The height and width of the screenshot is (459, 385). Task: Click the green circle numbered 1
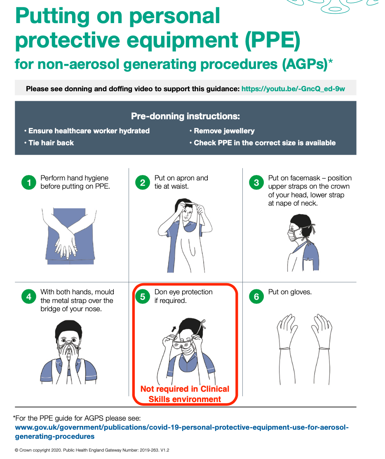(x=29, y=182)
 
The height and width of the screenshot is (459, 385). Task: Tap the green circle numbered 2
(x=143, y=182)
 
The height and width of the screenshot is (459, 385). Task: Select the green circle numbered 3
(x=256, y=182)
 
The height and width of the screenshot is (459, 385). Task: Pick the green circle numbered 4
(x=29, y=296)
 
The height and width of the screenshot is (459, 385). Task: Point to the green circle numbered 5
(x=143, y=296)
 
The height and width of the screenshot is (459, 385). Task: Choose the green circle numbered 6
(x=256, y=296)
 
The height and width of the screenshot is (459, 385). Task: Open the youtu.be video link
(x=293, y=89)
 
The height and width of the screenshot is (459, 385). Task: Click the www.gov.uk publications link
(x=181, y=432)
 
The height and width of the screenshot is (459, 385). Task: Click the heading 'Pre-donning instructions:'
(x=185, y=116)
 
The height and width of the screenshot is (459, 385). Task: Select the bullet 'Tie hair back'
(x=49, y=143)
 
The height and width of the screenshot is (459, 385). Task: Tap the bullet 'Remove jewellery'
(x=222, y=131)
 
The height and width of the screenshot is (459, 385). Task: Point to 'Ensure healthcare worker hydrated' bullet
(x=87, y=131)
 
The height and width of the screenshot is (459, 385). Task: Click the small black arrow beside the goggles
(x=174, y=329)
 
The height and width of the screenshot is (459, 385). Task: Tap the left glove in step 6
(x=286, y=348)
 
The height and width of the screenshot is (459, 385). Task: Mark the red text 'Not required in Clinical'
(x=185, y=389)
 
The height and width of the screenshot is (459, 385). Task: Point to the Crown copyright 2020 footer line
(x=92, y=450)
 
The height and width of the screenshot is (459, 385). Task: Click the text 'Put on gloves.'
(x=290, y=292)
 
